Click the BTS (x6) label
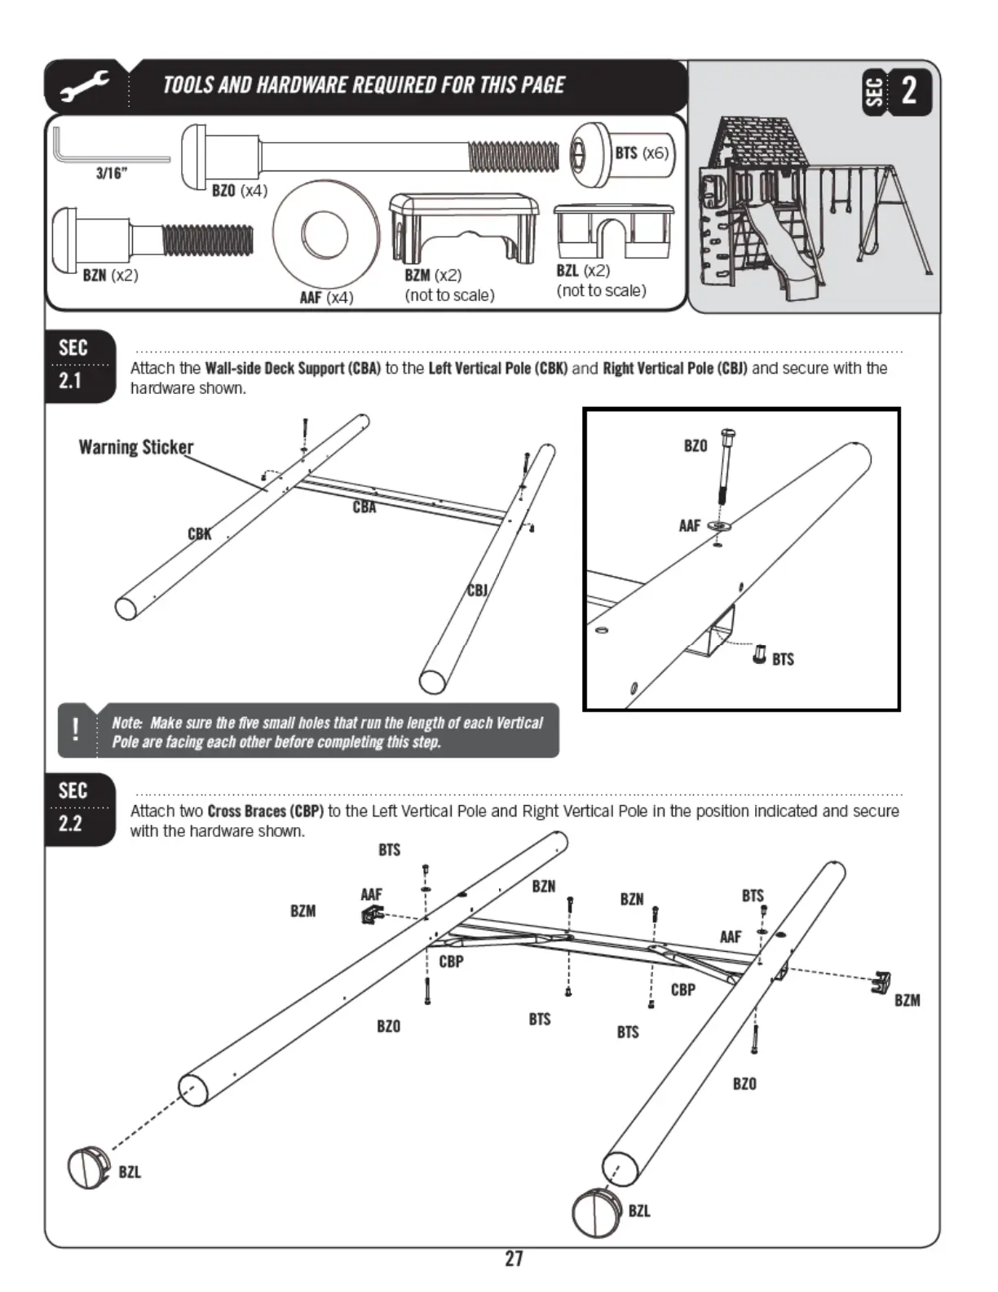click(x=641, y=153)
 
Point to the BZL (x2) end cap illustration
click(x=613, y=232)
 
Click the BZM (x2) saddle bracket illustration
click(x=463, y=224)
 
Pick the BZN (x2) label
click(x=110, y=276)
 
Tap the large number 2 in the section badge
click(x=908, y=91)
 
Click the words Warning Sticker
click(x=136, y=447)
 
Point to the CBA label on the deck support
click(x=364, y=507)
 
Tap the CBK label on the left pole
click(x=200, y=534)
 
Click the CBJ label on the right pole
click(x=477, y=590)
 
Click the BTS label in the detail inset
click(x=783, y=659)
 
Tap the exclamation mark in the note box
click(x=76, y=729)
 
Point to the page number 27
click(x=514, y=1259)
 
